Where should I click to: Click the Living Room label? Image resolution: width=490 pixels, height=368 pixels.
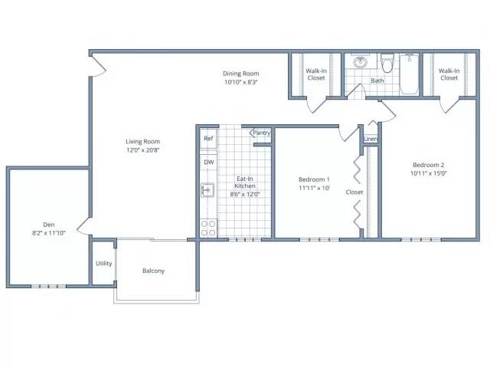pyautogui.click(x=143, y=142)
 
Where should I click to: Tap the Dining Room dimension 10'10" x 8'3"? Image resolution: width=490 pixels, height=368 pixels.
pyautogui.click(x=241, y=82)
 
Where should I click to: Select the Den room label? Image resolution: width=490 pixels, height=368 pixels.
pyautogui.click(x=49, y=225)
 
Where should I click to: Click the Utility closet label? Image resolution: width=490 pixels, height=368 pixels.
pyautogui.click(x=104, y=264)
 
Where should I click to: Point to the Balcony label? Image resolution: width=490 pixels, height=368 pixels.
pyautogui.click(x=153, y=271)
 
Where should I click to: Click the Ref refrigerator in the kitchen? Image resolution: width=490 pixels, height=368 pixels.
pyautogui.click(x=208, y=138)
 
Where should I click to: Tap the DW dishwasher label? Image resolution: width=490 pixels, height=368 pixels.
pyautogui.click(x=209, y=162)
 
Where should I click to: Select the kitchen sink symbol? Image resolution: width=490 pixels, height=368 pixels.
pyautogui.click(x=207, y=190)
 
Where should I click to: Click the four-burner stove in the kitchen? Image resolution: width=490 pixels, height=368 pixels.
pyautogui.click(x=208, y=228)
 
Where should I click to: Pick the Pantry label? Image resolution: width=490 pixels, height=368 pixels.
pyautogui.click(x=262, y=133)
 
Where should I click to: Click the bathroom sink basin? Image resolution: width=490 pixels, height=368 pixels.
pyautogui.click(x=361, y=62)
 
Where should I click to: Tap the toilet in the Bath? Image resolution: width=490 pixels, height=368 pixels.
pyautogui.click(x=387, y=63)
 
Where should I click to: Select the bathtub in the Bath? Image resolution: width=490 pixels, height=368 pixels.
pyautogui.click(x=410, y=74)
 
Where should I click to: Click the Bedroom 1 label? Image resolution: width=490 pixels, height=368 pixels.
pyautogui.click(x=314, y=179)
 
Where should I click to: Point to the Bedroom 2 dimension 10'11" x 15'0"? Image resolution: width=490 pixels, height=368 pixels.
pyautogui.click(x=429, y=173)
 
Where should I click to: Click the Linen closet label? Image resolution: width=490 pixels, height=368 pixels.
pyautogui.click(x=371, y=139)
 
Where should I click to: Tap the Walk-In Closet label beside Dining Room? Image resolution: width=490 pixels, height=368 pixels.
pyautogui.click(x=316, y=74)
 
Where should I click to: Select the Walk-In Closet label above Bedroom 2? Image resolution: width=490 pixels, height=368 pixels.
pyautogui.click(x=449, y=74)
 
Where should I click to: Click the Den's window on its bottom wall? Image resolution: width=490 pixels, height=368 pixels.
pyautogui.click(x=49, y=286)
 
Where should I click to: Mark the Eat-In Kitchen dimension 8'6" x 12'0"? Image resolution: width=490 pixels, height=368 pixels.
pyautogui.click(x=245, y=194)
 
